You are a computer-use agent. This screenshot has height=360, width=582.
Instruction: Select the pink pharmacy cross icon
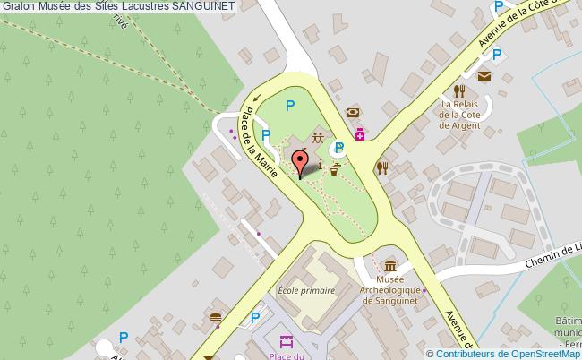pos(360,134)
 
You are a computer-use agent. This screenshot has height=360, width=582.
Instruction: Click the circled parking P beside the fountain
pos(339,148)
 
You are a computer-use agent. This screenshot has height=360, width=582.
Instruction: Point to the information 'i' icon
pos(320,167)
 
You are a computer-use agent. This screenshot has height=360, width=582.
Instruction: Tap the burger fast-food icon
pos(216,317)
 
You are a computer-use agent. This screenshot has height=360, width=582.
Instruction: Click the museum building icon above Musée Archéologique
pos(390,266)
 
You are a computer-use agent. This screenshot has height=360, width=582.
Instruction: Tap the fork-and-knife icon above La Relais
pos(459,90)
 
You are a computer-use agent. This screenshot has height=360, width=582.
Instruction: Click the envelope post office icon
pos(484,76)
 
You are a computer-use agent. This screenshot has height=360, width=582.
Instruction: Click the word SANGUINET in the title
pos(203,6)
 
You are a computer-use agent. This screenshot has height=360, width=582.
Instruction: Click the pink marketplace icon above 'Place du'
pos(287,341)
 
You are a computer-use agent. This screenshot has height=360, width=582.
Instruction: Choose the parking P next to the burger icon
pos(256,317)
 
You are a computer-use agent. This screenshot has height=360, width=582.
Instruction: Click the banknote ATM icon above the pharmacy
pos(355,113)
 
